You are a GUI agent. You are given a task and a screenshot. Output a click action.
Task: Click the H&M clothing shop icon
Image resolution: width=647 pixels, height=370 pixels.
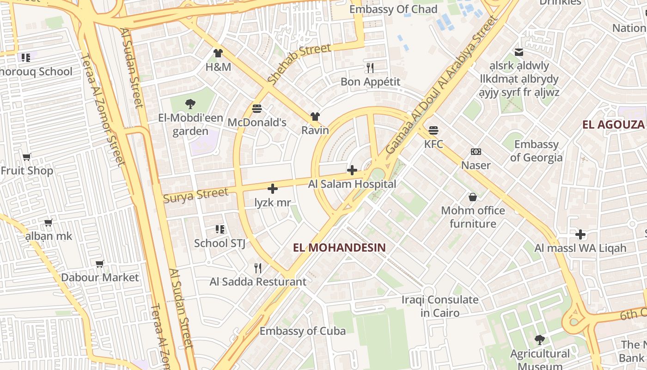[218, 53]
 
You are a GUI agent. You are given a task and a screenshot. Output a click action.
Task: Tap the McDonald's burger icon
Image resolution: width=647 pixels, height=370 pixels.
[257, 109]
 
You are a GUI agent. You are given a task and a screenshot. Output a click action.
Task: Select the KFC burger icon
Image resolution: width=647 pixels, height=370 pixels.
[433, 130]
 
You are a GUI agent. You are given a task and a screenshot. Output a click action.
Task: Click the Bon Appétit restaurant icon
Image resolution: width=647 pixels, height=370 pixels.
[370, 68]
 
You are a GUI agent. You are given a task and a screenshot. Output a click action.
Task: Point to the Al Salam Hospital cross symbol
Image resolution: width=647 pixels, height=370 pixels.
[352, 170]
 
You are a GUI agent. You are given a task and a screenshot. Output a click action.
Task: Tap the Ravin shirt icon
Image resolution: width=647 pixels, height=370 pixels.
[315, 116]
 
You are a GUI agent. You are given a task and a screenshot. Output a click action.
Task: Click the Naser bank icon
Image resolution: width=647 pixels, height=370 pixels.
[476, 152]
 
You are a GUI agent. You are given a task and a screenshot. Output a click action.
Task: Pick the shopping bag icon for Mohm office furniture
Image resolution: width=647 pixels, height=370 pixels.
[473, 197]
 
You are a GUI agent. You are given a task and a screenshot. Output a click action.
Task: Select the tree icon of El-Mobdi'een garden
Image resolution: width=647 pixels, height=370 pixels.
[190, 104]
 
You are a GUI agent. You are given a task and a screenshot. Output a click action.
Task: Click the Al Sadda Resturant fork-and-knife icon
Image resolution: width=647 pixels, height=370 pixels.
[258, 268]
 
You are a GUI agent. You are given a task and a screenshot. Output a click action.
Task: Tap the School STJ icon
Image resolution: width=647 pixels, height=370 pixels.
[220, 229]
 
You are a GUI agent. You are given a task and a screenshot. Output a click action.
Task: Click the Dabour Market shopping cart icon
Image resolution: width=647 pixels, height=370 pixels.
[100, 264]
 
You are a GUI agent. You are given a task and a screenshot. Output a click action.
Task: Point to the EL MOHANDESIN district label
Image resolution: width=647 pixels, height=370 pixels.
[339, 247]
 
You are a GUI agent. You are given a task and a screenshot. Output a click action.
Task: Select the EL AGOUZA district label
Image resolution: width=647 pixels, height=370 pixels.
[613, 124]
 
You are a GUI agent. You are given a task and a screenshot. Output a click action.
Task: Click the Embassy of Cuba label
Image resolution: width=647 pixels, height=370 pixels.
[302, 331]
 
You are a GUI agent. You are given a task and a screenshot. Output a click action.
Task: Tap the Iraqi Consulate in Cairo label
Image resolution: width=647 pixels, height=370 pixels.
[440, 306]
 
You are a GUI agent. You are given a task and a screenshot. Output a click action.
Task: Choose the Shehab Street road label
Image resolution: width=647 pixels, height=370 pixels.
[299, 63]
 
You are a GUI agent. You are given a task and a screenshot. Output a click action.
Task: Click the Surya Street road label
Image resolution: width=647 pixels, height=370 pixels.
[196, 195]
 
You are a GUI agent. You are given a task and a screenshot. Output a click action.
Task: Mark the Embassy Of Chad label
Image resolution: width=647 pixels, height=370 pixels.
[393, 9]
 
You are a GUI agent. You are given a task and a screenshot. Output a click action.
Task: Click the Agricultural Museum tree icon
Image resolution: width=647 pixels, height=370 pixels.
[539, 340]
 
